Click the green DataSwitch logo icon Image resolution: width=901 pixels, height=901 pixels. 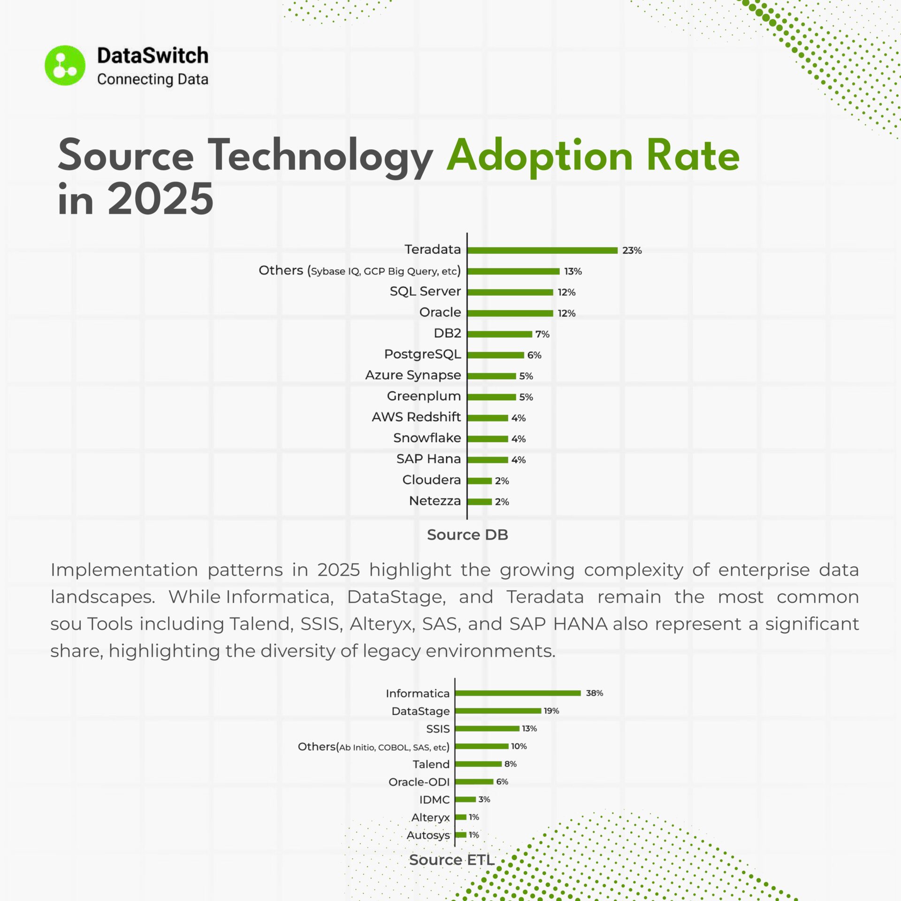65,66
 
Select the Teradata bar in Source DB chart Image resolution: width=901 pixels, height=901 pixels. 542,250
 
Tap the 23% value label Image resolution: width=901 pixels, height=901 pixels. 632,251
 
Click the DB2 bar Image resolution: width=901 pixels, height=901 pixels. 499,334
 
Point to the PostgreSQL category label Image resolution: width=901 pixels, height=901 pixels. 422,354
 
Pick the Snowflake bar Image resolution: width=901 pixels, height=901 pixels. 488,439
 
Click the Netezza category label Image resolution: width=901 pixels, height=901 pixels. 435,501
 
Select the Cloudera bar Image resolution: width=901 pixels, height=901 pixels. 479,481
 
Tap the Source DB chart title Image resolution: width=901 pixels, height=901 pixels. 467,535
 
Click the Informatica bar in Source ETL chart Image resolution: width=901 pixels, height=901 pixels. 518,693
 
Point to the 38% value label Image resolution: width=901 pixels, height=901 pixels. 594,693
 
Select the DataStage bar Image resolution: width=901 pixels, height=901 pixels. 498,711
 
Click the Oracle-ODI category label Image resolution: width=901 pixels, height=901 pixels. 419,782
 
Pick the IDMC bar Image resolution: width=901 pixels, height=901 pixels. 466,799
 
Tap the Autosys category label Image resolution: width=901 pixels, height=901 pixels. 428,835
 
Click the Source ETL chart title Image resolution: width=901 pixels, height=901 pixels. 452,860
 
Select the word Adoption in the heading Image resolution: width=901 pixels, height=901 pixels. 540,156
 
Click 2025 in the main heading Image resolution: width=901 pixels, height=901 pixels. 160,199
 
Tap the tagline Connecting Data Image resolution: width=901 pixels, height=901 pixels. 153,79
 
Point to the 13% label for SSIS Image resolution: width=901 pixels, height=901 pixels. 529,729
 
